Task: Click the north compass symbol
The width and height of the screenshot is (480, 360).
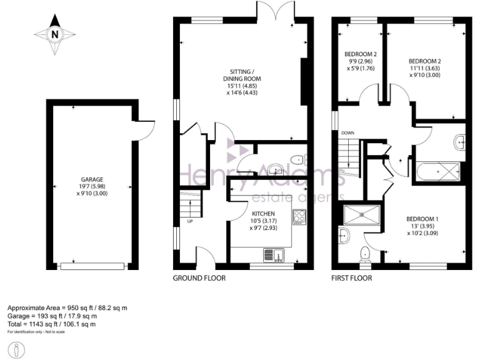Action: [55, 34]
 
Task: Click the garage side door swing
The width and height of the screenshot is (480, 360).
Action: [146, 129]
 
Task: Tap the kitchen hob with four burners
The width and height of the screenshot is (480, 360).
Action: [299, 217]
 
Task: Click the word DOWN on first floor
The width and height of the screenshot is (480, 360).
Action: [348, 133]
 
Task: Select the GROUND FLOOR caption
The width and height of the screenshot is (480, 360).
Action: [199, 278]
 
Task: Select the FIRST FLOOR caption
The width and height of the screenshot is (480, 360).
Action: [351, 278]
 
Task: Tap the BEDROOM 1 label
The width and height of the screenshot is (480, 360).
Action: [422, 219]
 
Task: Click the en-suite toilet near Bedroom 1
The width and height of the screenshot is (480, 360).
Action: [366, 253]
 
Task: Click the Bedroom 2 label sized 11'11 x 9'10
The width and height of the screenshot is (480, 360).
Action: [425, 59]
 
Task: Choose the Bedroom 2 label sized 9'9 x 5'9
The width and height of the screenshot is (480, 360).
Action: [362, 61]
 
